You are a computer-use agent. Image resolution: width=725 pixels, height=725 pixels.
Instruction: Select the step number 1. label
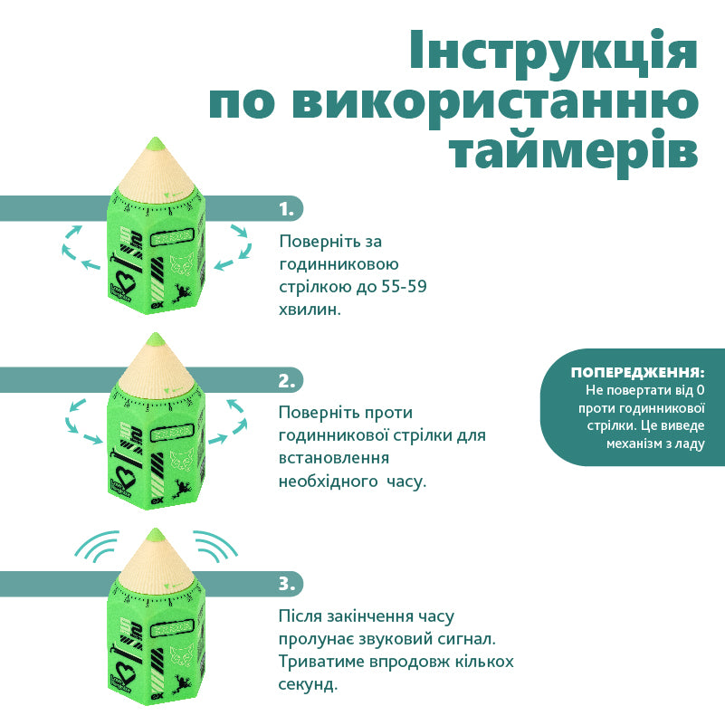coord(287,209)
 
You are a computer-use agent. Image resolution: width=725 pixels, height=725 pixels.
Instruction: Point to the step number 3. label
coord(287,584)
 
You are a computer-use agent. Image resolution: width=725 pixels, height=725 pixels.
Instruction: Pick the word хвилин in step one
coord(310,309)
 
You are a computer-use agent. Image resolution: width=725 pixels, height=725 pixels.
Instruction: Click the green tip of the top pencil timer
coord(154,142)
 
